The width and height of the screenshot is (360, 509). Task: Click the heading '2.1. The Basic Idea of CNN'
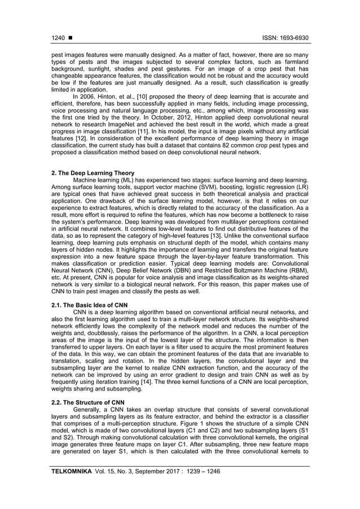(87, 304)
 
